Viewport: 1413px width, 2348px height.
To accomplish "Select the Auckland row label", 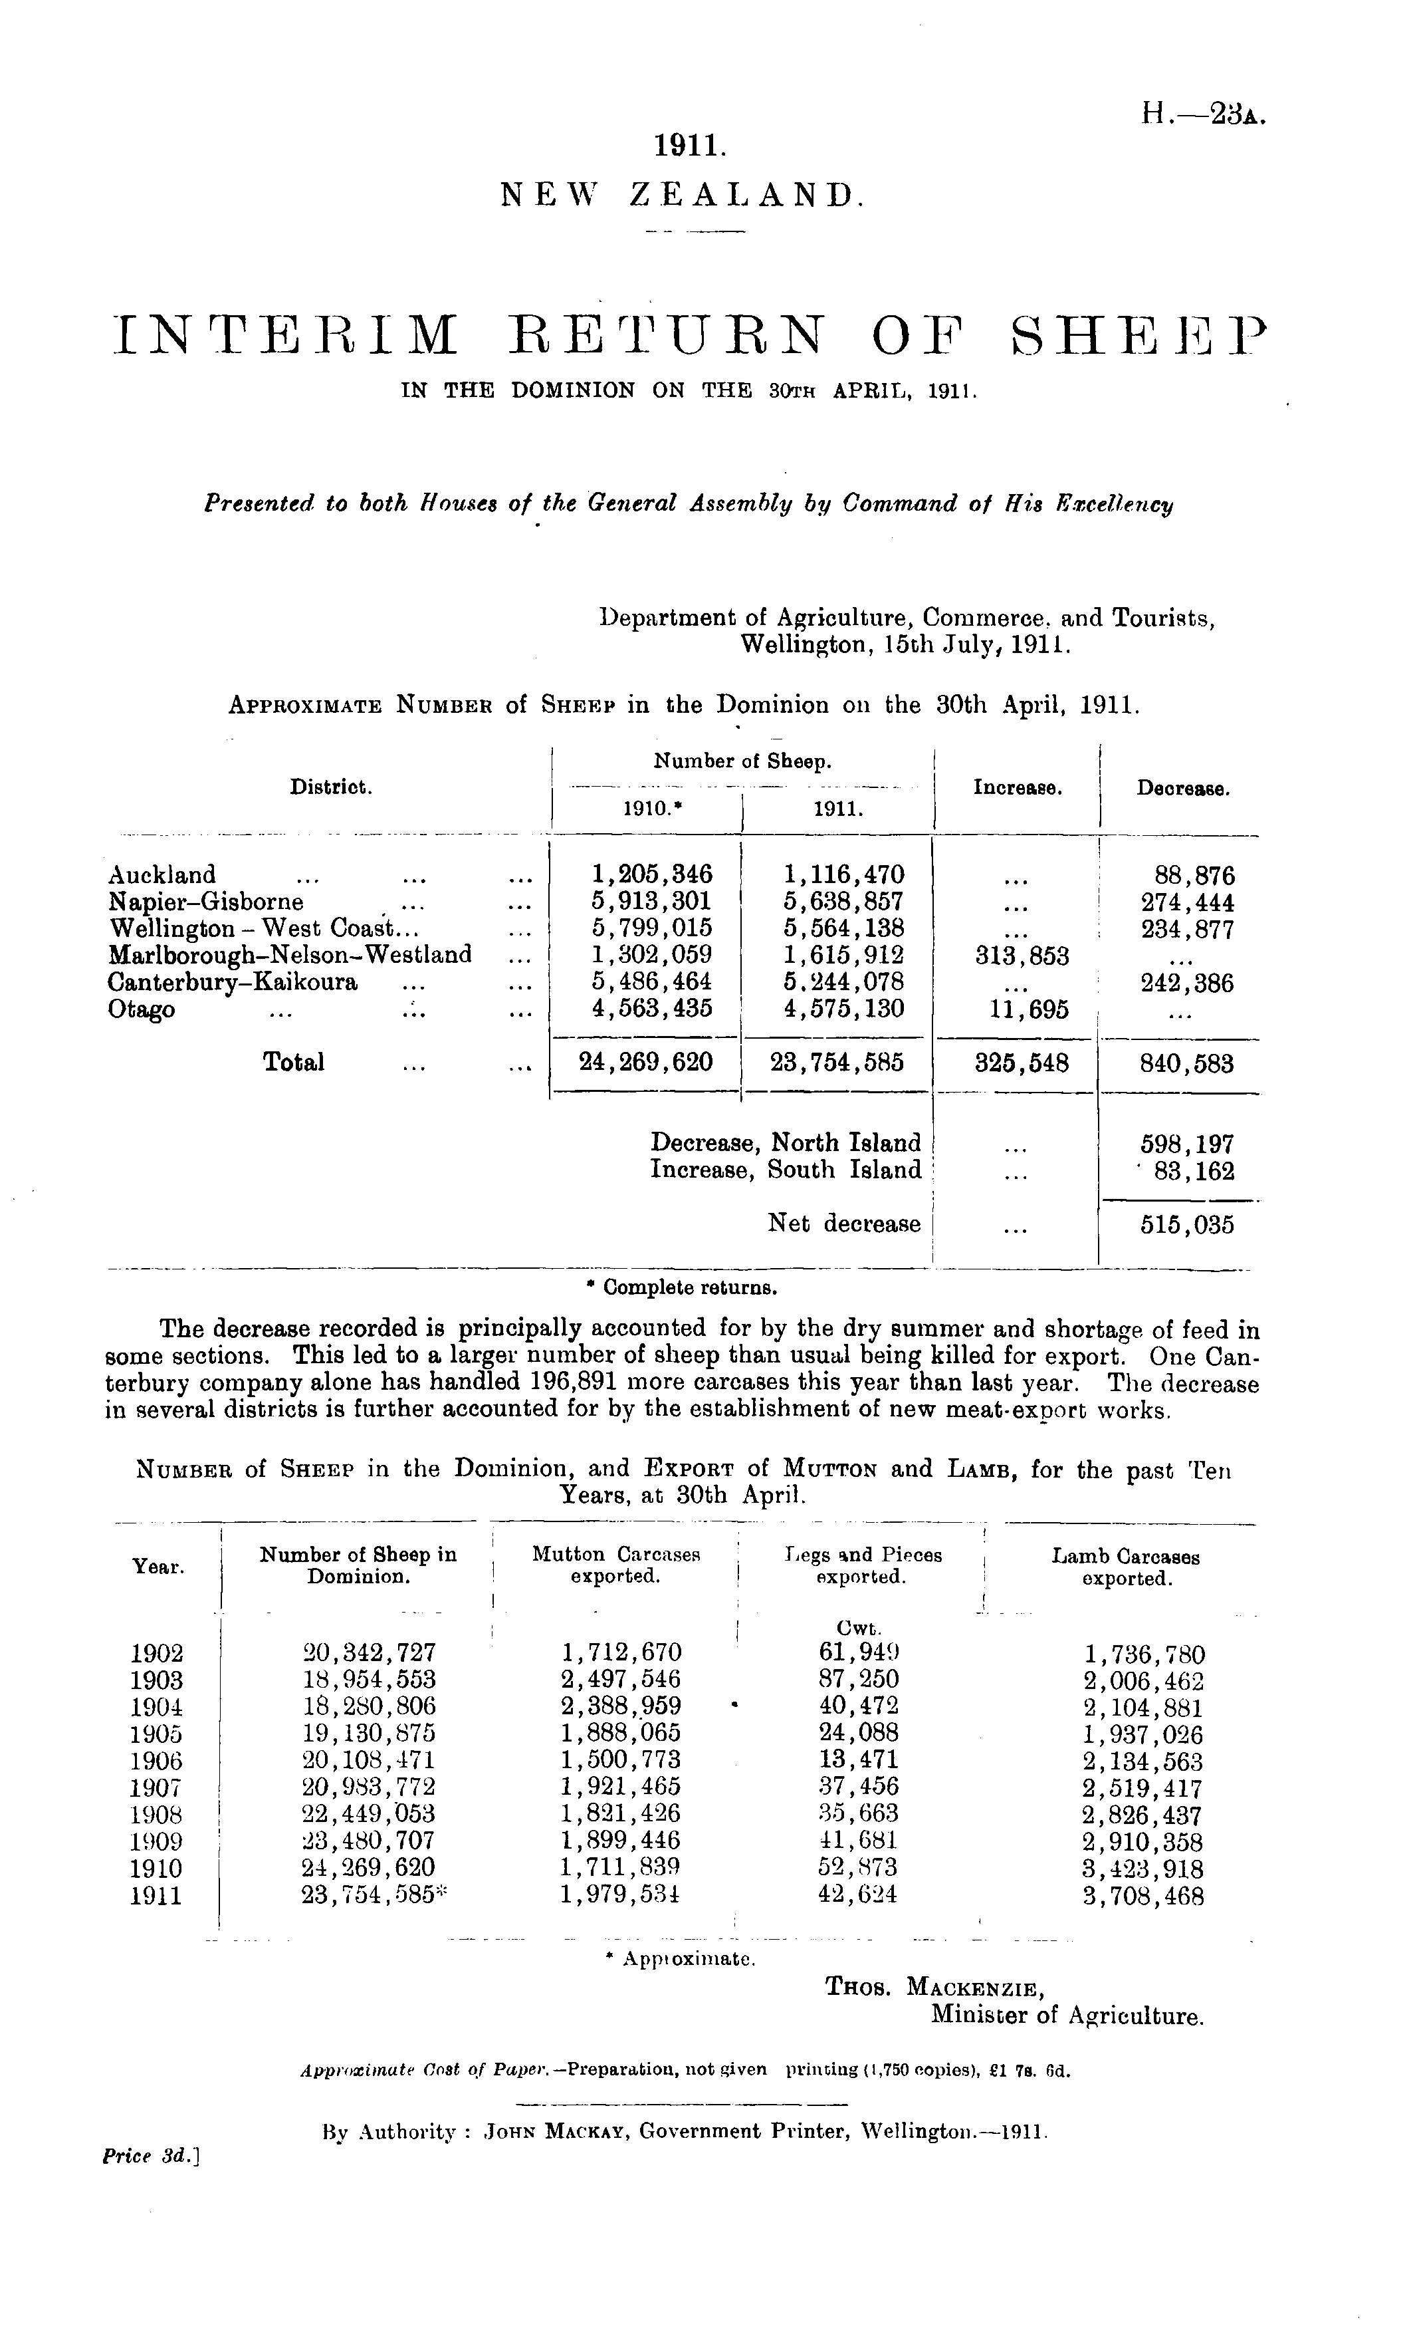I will [x=163, y=874].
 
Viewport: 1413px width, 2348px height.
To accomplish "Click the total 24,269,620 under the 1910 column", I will [x=645, y=1062].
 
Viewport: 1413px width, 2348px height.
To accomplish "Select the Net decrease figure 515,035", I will [x=1186, y=1225].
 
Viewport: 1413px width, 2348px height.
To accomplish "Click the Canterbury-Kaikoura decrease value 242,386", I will [x=1186, y=983].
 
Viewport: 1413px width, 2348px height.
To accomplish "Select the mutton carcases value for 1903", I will [x=621, y=1679].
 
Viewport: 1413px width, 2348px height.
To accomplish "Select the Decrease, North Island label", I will [x=784, y=1143].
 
